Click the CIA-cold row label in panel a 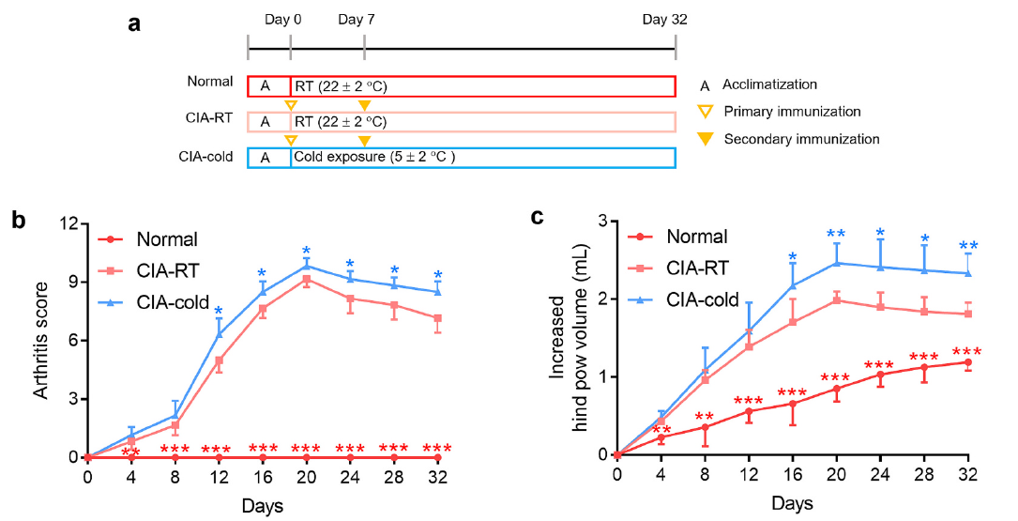pos(211,156)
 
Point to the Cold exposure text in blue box pos(374,157)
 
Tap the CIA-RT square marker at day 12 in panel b pos(219,360)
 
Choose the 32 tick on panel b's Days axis pos(438,477)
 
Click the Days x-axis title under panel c pos(792,503)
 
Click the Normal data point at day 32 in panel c pos(967,362)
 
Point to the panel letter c pos(538,217)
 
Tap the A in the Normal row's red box pos(266,86)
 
